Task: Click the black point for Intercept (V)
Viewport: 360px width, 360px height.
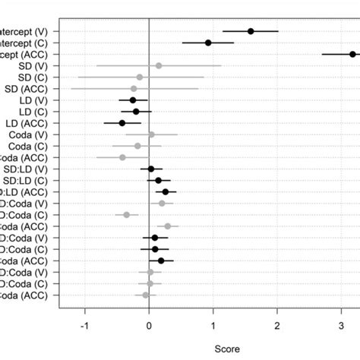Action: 251,31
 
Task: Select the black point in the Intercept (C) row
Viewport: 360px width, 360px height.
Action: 208,43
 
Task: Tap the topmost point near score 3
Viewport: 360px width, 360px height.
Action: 352,54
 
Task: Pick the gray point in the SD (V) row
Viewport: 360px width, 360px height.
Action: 158,65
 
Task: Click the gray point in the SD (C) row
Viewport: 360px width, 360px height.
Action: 140,77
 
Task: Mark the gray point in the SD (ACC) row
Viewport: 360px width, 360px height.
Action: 134,88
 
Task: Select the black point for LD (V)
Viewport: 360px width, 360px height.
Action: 133,99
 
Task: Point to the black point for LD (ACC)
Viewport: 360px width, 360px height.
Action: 122,123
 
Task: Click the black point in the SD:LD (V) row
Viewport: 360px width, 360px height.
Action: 151,169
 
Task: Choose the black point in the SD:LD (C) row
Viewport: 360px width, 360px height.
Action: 159,180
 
